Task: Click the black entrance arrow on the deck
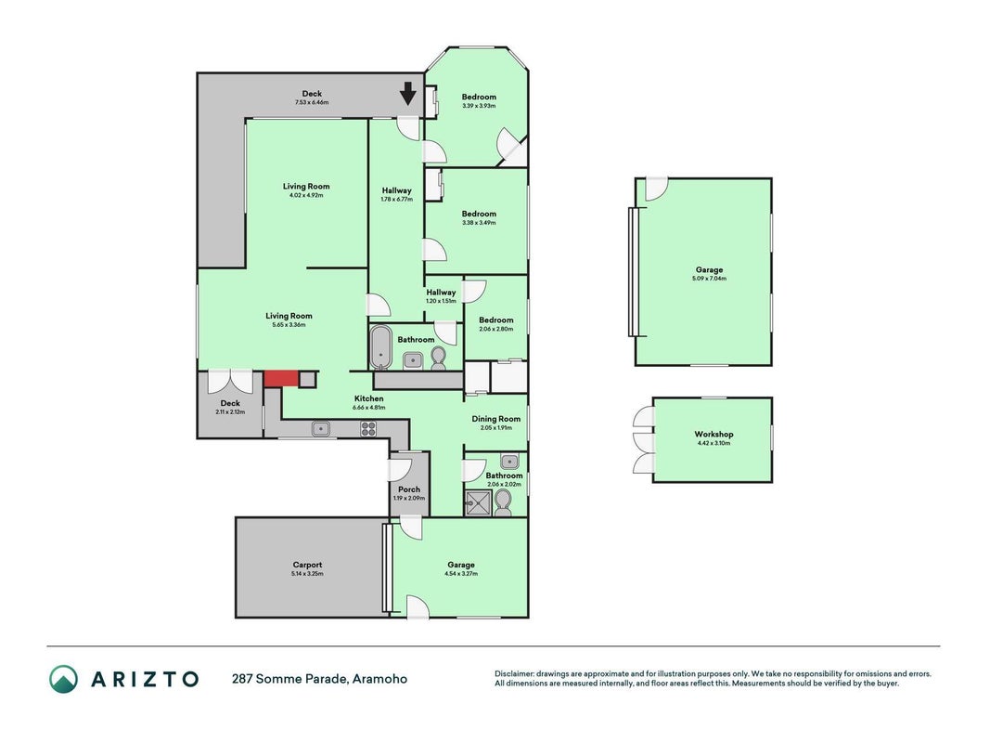408,94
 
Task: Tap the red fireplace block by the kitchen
281,378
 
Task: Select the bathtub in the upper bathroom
381,347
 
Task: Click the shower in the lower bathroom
478,503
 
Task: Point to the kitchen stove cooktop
368,429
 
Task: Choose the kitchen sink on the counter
321,429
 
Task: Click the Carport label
307,565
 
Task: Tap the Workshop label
714,434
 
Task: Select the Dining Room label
496,419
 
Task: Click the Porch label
409,489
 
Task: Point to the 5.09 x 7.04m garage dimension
710,279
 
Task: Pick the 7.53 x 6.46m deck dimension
312,102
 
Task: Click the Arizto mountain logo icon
64,679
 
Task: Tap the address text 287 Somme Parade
289,679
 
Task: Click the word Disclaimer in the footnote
514,674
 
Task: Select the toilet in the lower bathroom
503,503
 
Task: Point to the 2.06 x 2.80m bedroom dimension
496,329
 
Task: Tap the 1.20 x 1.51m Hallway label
441,295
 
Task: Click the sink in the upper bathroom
413,360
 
